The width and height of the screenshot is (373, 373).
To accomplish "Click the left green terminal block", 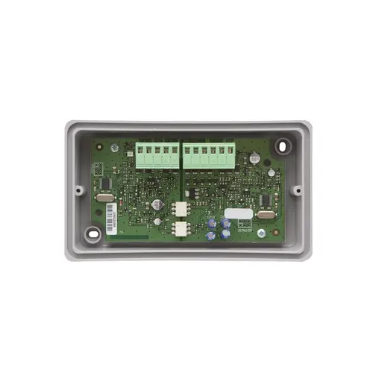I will coord(156,156).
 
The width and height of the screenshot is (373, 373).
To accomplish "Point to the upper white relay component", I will coord(181,210).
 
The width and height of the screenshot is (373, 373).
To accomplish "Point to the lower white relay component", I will coord(181,228).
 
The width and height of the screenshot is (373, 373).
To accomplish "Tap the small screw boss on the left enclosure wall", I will coord(78,189).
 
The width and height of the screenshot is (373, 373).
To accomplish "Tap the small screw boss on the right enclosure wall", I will coord(297,189).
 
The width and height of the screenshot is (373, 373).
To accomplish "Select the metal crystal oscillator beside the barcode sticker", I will coord(105,198).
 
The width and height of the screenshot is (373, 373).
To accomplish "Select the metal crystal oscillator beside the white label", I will coord(265,216).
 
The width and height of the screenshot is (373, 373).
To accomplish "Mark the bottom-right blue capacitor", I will coord(225,234).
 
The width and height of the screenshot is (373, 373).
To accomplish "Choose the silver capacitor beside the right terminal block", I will coord(254,158).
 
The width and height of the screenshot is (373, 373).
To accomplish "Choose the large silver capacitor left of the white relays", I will coord(157,203).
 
